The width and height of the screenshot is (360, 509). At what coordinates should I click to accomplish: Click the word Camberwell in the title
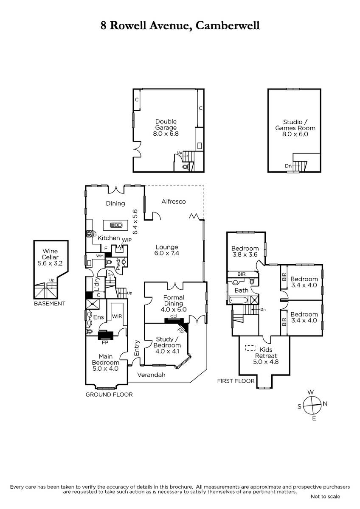(228, 25)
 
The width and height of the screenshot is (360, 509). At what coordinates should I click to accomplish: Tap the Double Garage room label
(166, 128)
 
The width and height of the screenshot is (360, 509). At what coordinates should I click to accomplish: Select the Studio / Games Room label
(295, 128)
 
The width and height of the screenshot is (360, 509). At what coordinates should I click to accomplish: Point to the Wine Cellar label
(50, 257)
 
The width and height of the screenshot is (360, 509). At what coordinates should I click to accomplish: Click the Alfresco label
(174, 201)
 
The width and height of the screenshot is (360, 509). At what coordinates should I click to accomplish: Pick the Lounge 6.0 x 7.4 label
(167, 250)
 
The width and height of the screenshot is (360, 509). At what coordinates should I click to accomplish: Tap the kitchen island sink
(116, 225)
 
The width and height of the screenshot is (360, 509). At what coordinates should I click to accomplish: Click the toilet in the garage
(186, 167)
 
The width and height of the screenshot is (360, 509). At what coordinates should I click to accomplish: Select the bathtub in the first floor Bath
(238, 300)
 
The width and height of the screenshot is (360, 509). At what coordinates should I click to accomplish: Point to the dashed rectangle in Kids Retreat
(250, 348)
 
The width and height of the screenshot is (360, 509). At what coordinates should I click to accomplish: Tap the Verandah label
(151, 375)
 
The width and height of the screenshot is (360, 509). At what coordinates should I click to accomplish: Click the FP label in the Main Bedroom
(105, 342)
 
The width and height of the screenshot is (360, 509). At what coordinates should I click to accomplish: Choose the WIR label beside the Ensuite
(117, 316)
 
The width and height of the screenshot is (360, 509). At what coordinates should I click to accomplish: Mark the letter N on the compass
(325, 403)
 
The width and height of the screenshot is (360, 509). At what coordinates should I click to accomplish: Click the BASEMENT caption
(50, 304)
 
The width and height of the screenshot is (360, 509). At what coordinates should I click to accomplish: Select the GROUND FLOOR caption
(109, 394)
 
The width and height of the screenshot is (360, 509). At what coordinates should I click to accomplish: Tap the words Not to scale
(325, 497)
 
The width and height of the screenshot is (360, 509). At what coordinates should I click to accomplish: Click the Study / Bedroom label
(167, 345)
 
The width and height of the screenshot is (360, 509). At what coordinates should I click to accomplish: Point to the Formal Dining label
(174, 303)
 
